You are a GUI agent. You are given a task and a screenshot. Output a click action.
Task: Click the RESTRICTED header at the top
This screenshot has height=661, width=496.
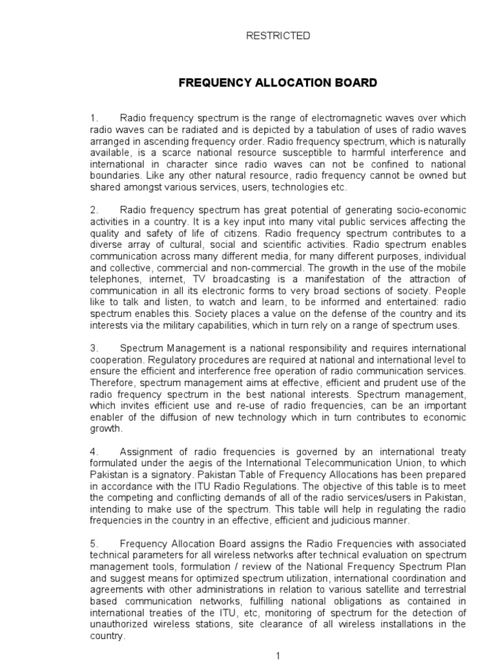(x=278, y=36)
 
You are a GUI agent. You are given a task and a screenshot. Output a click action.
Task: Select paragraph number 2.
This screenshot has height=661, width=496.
(x=93, y=210)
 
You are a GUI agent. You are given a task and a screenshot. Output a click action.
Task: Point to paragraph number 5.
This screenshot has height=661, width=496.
(x=93, y=544)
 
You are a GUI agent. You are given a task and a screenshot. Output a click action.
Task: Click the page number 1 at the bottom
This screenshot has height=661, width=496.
(x=278, y=656)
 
